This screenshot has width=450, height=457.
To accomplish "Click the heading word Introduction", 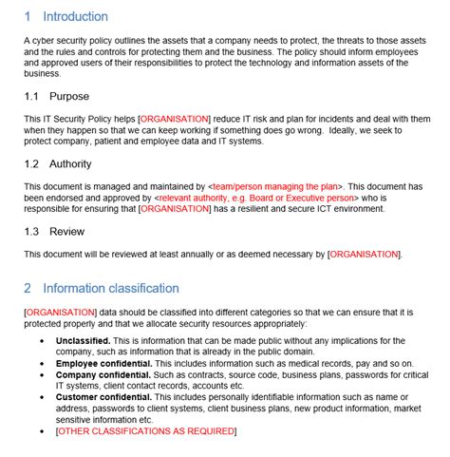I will [x=75, y=16].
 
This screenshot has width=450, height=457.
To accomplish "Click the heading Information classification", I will [x=111, y=288].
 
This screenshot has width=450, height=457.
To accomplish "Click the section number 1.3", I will [x=32, y=231].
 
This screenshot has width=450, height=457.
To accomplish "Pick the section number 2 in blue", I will [x=28, y=288].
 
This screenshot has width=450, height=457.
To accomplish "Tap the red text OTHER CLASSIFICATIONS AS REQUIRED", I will [x=146, y=431].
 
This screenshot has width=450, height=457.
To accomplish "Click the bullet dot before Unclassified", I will [x=42, y=340].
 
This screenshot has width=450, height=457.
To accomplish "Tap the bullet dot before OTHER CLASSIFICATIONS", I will [x=42, y=431].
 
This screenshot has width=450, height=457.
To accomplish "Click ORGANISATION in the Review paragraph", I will [x=365, y=255].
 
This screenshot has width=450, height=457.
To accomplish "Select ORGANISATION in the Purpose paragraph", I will [x=175, y=118].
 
